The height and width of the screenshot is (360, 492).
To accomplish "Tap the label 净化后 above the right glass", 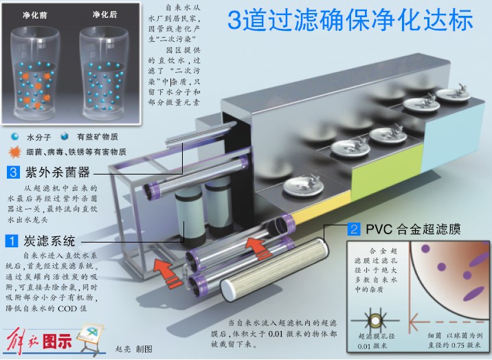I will coord(106,14).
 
